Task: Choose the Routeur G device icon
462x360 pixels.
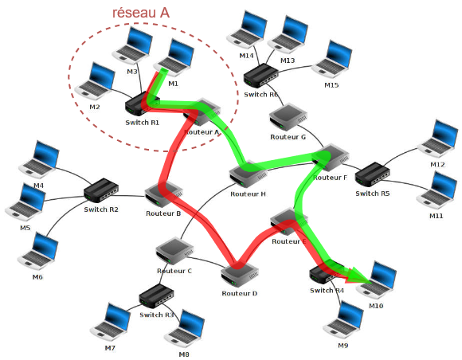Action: [x=288, y=117]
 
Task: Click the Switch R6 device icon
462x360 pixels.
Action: [x=260, y=76]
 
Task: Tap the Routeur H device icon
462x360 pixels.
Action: [x=247, y=174]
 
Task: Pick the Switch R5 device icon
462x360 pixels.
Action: [x=372, y=174]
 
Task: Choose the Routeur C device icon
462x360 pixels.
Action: [x=174, y=252]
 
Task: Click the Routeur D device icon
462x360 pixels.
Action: [x=238, y=275]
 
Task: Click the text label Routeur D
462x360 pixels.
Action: [x=239, y=294]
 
